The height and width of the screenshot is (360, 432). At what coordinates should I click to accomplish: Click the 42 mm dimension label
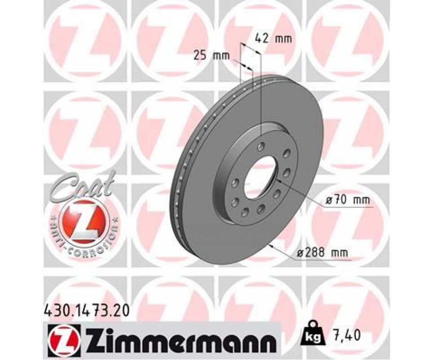coord(273,39)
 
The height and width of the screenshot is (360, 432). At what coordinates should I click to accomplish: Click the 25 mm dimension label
coord(211,56)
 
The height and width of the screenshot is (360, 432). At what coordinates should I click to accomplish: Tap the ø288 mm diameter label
coord(322,252)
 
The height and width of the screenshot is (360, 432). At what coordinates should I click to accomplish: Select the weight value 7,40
coord(345,335)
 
